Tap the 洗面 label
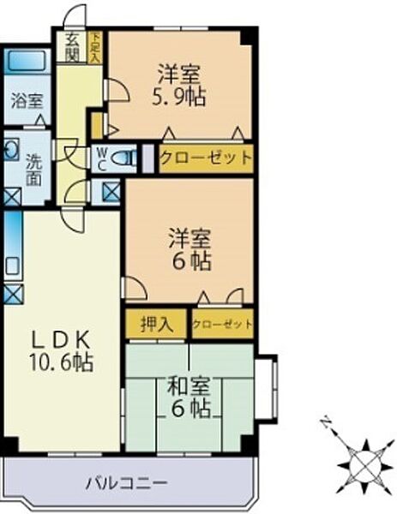pos(33,165)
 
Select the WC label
pos(100,158)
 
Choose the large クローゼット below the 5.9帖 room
pos(206,158)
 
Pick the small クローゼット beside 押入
pos(222,324)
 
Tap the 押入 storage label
pos(157,324)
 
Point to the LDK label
pos(57,337)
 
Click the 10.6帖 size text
pos(57,361)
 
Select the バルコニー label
pos(126,481)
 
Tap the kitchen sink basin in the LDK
pos(11,266)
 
